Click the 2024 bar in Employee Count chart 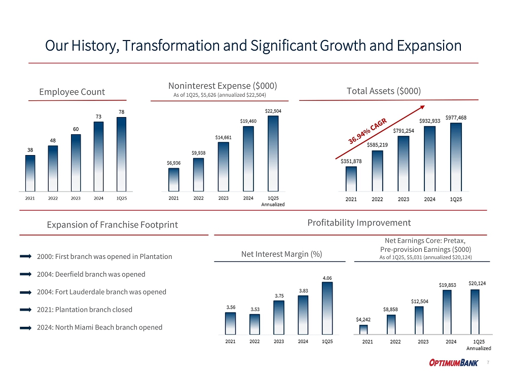98,156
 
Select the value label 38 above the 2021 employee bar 30,150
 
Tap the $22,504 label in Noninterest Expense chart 273,111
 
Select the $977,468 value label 456,118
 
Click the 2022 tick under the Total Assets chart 377,199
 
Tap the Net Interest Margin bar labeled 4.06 328,308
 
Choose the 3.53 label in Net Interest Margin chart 255,309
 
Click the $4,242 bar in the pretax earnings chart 364,329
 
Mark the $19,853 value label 447,285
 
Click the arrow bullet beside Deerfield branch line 26,274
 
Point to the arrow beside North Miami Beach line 26,327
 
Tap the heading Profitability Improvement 359,222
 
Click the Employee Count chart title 72,92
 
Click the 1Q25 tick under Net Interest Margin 328,341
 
